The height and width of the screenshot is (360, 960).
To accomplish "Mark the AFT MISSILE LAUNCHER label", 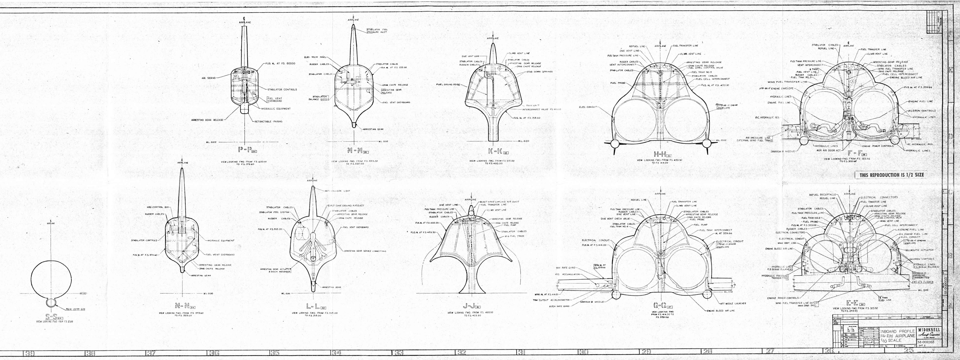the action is click(733, 303).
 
